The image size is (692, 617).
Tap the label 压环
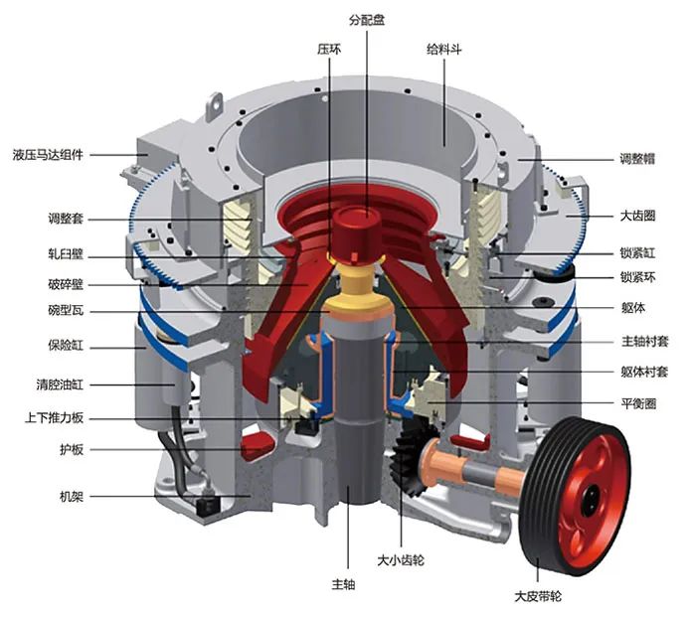(x=329, y=47)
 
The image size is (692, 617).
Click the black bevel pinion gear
(x=407, y=458)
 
